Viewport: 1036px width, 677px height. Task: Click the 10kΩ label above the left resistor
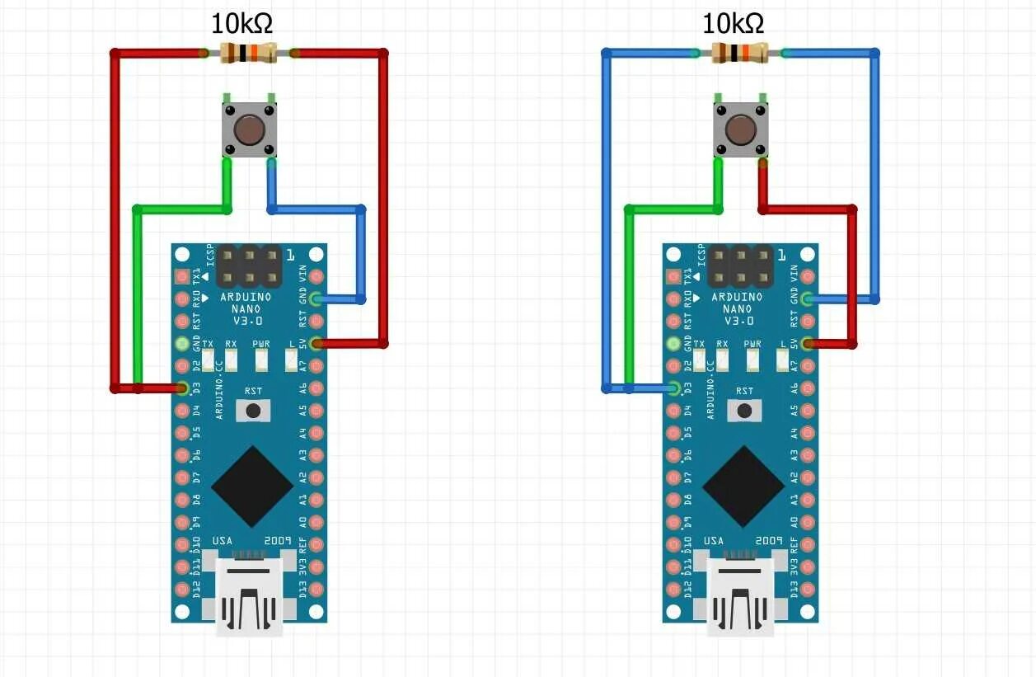pos(242,24)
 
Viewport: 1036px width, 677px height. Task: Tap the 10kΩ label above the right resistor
pos(733,24)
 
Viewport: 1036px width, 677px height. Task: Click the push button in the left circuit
pos(249,129)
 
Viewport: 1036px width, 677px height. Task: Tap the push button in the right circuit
pos(740,129)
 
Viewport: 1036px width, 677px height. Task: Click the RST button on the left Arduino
pos(254,410)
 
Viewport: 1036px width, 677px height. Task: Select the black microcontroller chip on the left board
pos(252,487)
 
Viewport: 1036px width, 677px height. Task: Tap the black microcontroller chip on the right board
pos(743,487)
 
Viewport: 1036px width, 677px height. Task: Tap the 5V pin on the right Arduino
pos(808,344)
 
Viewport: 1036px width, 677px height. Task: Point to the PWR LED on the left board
pos(261,359)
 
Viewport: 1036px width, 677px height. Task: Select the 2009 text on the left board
pos(277,541)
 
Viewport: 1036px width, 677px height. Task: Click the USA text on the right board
pos(714,541)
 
